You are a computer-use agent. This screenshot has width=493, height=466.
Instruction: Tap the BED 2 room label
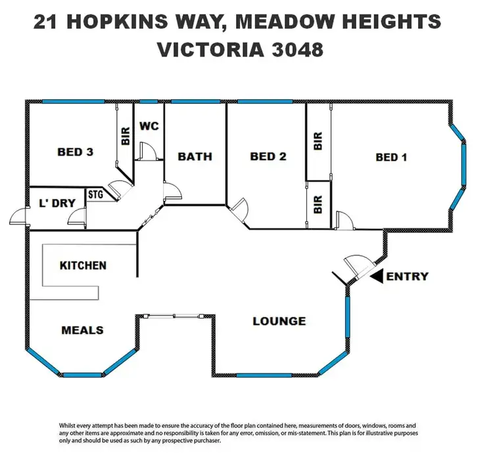pyautogui.click(x=268, y=156)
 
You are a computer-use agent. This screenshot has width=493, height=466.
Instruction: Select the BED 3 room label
pyautogui.click(x=75, y=152)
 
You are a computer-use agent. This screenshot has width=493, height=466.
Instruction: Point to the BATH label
pyautogui.click(x=195, y=156)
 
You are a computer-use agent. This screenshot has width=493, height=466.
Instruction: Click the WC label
pyautogui.click(x=149, y=126)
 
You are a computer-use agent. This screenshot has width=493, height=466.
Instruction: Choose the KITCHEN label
pyautogui.click(x=83, y=265)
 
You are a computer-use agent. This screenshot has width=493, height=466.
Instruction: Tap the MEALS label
pyautogui.click(x=82, y=329)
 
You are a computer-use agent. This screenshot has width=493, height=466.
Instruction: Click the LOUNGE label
pyautogui.click(x=279, y=321)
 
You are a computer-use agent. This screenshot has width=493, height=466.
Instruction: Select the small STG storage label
pyautogui.click(x=97, y=194)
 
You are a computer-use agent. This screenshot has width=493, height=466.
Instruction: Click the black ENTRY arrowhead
pyautogui.click(x=377, y=277)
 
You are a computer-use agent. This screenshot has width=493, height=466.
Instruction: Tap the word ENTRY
pyautogui.click(x=408, y=276)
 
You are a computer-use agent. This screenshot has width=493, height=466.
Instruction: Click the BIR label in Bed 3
pyautogui.click(x=125, y=135)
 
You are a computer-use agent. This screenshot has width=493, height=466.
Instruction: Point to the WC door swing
pyautogui.click(x=148, y=152)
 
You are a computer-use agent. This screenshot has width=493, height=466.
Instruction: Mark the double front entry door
pyautogui.click(x=358, y=266)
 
